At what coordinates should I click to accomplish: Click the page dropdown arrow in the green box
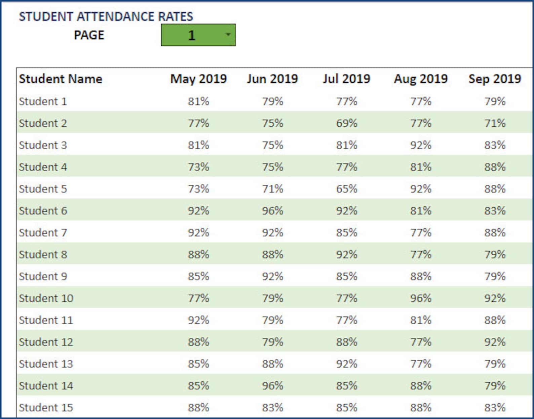coord(228,35)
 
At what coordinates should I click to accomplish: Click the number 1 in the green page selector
coord(192,35)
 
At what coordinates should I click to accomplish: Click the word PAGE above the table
coord(89,35)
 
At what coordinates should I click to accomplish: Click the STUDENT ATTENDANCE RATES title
coord(106,16)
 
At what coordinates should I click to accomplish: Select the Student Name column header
coord(61,79)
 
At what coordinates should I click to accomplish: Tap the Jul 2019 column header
coord(346,79)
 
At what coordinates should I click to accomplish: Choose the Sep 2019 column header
coord(495,79)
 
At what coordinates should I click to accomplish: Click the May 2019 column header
coord(198,79)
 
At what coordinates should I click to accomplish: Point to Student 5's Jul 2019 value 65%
coord(347,189)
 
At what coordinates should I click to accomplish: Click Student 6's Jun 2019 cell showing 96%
coord(273,211)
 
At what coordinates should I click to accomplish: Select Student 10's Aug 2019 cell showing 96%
coord(421,298)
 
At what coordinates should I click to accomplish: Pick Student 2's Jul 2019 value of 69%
coord(347,123)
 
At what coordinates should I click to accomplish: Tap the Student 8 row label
coord(43,254)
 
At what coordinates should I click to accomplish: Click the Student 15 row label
coord(46,408)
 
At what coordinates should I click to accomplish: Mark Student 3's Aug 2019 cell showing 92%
coord(421,145)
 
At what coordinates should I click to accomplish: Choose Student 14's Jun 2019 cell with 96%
coord(273,386)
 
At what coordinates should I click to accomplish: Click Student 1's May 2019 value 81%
coord(198,101)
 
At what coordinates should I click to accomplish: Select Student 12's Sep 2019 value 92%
coord(495,342)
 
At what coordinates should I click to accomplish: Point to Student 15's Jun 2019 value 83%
coord(273,408)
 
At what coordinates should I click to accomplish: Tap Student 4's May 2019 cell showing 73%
coord(198,167)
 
